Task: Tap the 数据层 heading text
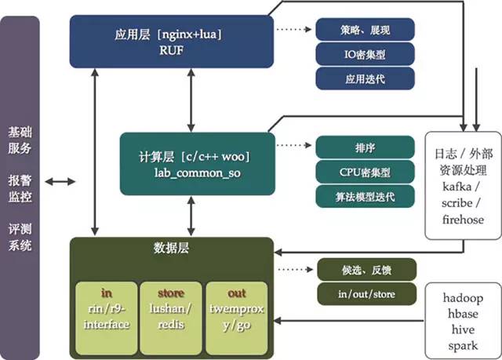170,249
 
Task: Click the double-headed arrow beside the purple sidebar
60,182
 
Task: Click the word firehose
464,220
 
